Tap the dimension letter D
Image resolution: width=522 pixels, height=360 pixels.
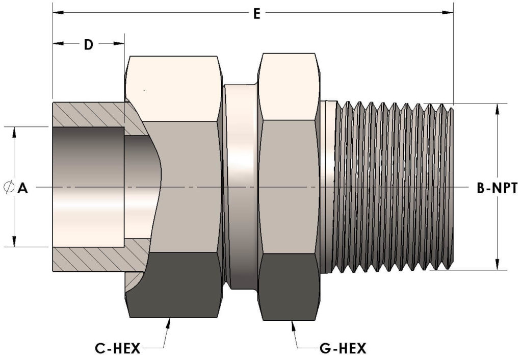coord(89,44)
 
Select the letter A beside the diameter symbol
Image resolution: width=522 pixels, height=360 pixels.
coord(22,189)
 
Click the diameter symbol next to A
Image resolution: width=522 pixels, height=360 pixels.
coord(9,188)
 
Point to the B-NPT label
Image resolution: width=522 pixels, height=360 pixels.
coord(497,189)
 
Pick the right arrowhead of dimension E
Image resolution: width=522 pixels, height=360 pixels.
coord(448,12)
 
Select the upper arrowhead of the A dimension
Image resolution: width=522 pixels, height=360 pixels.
coord(14,131)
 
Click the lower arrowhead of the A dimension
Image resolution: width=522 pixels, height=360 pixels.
coord(14,242)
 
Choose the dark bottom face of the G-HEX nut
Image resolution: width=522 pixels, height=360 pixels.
coord(290,286)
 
